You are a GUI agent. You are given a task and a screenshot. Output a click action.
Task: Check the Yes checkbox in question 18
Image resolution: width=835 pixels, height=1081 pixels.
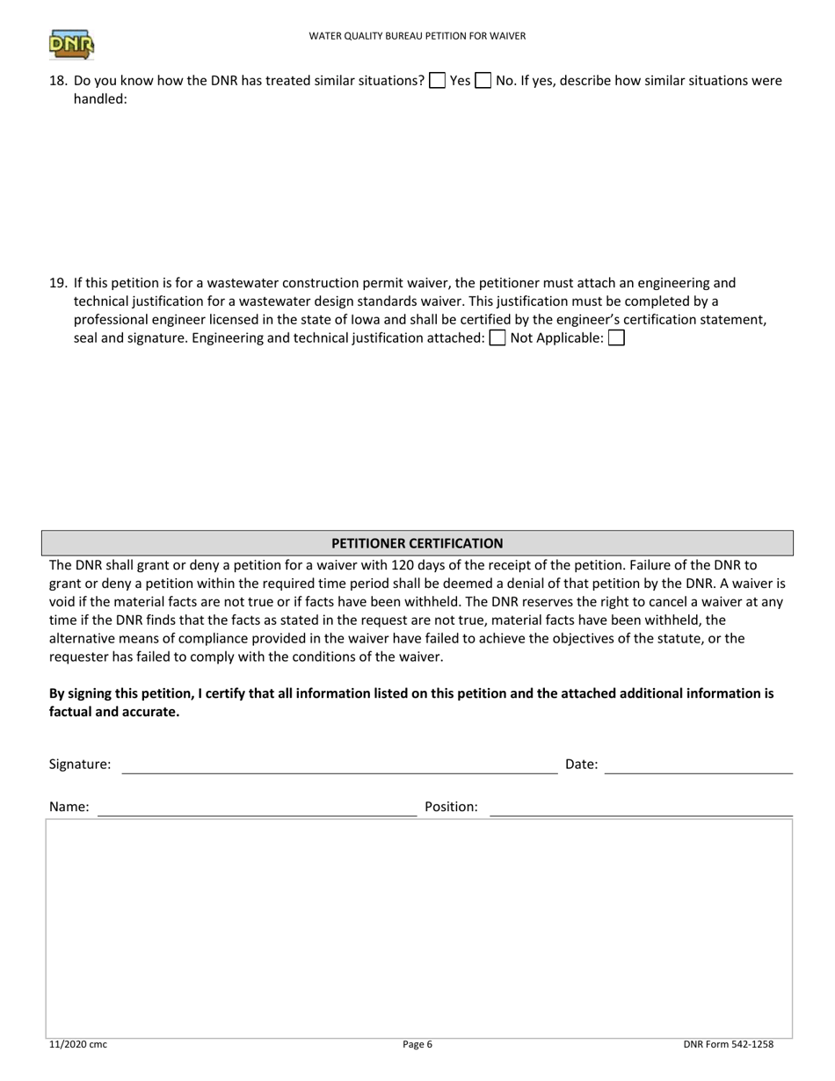437,81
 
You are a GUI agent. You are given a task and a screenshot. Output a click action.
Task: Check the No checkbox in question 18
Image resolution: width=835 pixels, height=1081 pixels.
483,81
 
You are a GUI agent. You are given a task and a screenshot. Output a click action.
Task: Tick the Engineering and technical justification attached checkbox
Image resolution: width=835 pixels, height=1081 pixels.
497,338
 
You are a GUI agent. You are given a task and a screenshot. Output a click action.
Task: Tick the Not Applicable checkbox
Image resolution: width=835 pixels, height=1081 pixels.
616,338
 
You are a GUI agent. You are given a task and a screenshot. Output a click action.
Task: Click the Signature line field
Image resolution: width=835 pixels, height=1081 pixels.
339,765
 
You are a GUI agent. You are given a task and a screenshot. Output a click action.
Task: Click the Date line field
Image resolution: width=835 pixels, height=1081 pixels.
699,765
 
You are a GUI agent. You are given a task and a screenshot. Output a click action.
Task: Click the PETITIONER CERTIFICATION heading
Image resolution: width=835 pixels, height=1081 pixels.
417,543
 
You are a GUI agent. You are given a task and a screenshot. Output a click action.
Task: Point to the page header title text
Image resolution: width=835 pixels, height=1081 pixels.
417,36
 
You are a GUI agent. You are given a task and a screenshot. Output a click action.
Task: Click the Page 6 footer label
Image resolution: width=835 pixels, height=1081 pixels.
417,1045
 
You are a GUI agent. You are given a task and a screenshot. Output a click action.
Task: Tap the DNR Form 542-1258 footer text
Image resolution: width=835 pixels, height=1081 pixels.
728,1045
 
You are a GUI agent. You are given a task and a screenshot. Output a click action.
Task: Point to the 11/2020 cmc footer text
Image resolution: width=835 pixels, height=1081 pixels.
78,1045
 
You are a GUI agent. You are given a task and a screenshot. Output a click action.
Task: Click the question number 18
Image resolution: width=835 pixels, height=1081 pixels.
58,81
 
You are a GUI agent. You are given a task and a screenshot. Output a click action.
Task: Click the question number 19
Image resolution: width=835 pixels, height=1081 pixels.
58,283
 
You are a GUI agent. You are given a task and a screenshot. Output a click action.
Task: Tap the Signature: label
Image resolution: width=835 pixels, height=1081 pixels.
80,765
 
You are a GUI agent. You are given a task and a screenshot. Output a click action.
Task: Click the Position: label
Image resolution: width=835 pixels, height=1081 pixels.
451,807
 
